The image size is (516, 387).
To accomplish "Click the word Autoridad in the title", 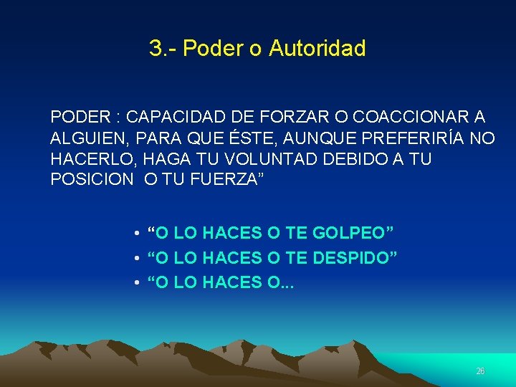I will point(317,49).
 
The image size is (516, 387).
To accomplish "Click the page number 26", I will point(480,371).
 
